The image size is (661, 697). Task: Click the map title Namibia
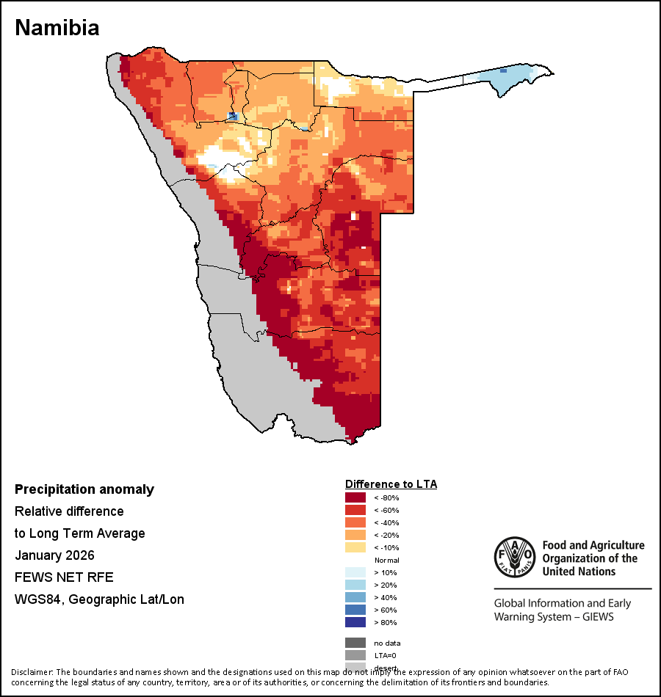[57, 28]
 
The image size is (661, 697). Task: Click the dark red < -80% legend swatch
[355, 497]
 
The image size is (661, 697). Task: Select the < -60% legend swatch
[355, 510]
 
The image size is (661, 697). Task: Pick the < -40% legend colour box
[355, 522]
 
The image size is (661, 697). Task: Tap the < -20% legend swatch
[355, 535]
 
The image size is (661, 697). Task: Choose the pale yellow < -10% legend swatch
[355, 547]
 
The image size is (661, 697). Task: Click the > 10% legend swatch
[355, 572]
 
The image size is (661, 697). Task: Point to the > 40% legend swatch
[355, 597]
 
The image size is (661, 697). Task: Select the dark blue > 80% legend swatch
[355, 622]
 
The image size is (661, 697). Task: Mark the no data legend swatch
[355, 643]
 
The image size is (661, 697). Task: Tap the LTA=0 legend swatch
[355, 655]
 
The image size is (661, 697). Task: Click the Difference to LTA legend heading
[391, 484]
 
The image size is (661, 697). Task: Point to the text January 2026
[54, 555]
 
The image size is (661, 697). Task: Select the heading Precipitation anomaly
[84, 489]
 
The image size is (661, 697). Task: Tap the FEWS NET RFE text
[64, 577]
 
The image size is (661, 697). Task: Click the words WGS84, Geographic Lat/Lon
[99, 599]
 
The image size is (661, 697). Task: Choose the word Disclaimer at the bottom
[32, 672]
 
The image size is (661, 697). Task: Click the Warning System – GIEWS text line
[553, 617]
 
